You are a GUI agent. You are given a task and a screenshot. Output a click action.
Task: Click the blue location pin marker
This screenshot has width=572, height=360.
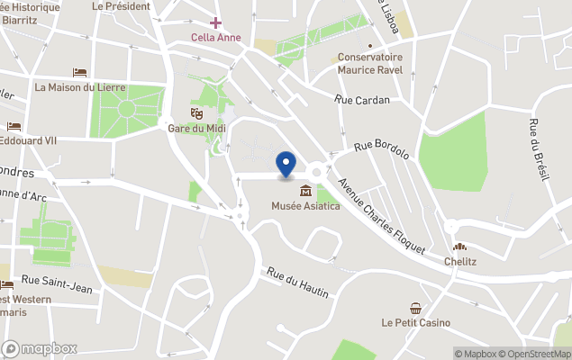tap(286, 164)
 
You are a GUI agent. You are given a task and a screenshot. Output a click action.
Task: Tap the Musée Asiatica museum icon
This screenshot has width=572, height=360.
tap(306, 191)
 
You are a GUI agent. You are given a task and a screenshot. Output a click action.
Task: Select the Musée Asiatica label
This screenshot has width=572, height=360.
tap(306, 207)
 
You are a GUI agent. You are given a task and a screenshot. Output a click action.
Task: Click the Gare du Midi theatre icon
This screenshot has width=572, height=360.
tap(195, 112)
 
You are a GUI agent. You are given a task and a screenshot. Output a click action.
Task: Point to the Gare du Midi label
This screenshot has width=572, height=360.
tap(195, 128)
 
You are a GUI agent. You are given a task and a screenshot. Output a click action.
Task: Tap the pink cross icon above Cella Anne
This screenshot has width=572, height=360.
tap(215, 22)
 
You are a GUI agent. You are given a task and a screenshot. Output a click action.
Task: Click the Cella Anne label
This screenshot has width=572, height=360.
tap(215, 37)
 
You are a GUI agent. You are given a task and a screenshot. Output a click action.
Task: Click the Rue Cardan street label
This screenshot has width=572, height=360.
tap(361, 100)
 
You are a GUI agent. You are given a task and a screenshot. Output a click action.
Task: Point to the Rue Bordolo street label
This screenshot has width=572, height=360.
tap(382, 150)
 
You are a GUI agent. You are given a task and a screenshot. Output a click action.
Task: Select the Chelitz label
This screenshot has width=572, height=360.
tap(459, 262)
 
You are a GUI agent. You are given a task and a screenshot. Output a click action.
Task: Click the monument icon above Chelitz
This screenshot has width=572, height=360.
tap(459, 247)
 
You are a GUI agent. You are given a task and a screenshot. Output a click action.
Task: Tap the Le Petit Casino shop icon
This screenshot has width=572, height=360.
tap(415, 308)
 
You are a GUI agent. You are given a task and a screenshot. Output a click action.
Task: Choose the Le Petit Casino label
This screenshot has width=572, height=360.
tap(415, 322)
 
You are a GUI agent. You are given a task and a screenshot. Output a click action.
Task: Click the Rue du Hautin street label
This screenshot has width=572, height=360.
tap(297, 283)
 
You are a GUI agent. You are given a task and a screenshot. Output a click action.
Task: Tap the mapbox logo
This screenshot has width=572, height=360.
tap(40, 348)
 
